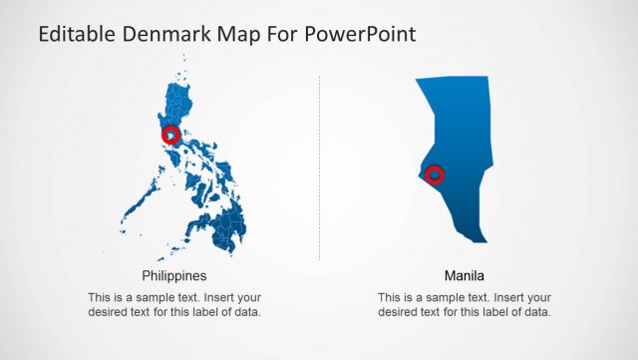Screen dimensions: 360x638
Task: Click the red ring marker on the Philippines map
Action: click(170, 135)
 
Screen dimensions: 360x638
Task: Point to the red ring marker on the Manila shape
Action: click(435, 176)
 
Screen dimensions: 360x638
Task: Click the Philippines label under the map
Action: click(174, 276)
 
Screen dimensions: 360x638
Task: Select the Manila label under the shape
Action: click(465, 276)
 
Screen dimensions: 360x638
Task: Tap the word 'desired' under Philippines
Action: click(110, 312)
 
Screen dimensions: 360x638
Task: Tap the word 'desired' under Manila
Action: click(400, 312)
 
